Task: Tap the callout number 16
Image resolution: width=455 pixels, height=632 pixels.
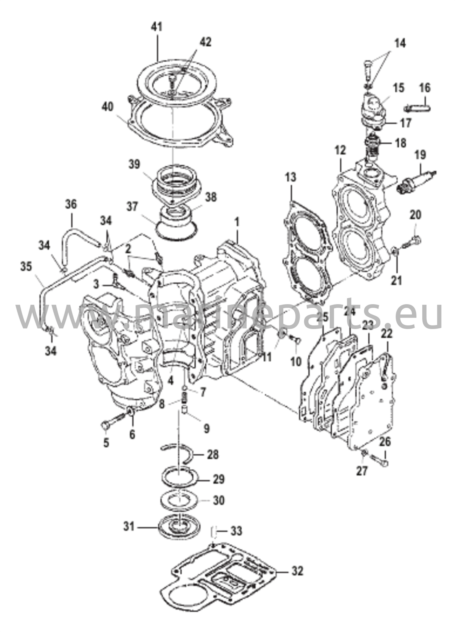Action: [x=425, y=88]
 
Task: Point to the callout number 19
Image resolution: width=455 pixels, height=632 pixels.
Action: [x=420, y=155]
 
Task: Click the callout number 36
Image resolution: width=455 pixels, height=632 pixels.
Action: [x=71, y=204]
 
